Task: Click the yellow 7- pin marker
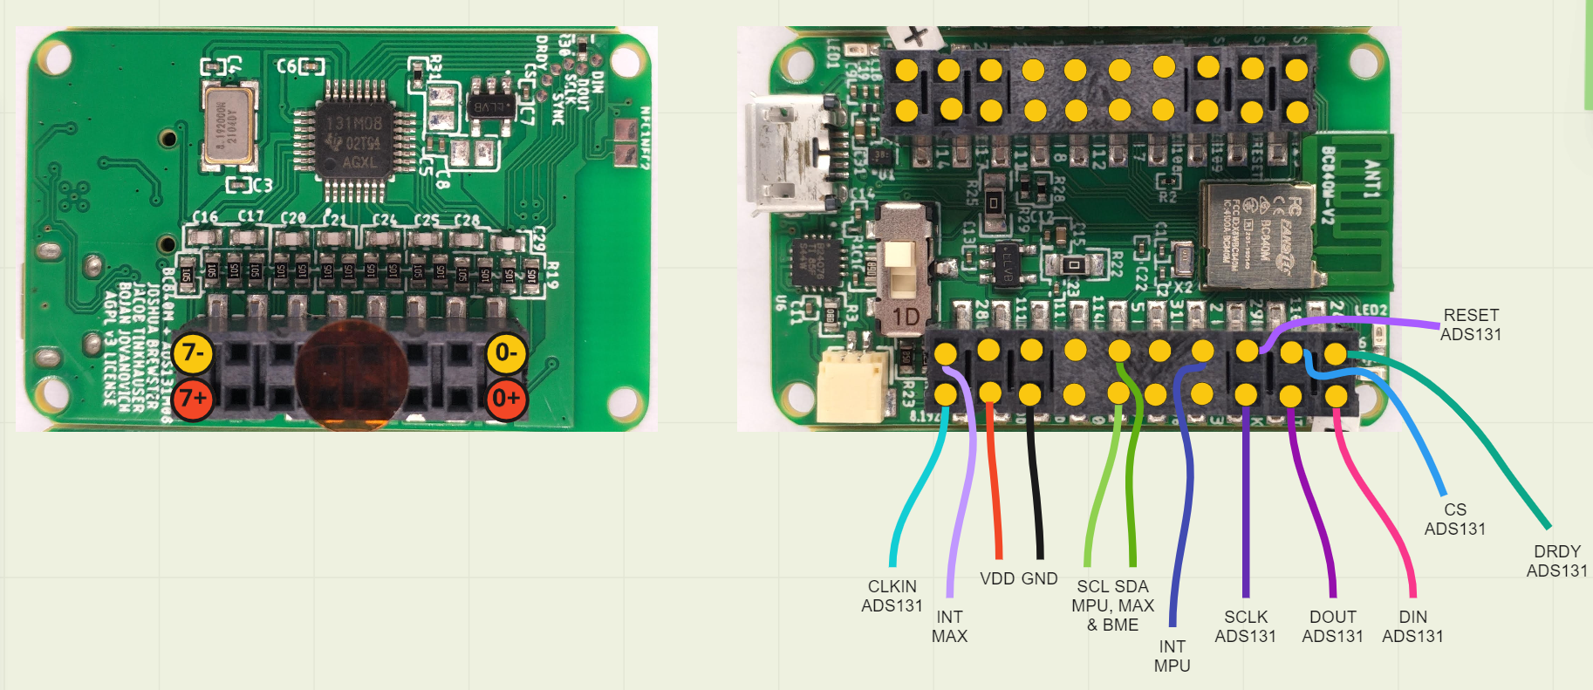(x=193, y=353)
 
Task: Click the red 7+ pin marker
(x=193, y=399)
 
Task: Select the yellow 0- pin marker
(x=506, y=353)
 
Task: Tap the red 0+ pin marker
(x=506, y=399)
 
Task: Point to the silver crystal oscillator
(x=229, y=126)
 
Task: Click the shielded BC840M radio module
(x=1257, y=233)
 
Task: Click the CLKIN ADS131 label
(x=892, y=596)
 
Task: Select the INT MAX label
(x=949, y=626)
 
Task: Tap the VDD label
(x=997, y=578)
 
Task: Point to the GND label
(x=1039, y=578)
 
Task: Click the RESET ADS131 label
(x=1471, y=325)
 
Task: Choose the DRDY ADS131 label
(x=1556, y=561)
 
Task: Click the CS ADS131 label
(x=1454, y=519)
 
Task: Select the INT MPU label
(x=1172, y=656)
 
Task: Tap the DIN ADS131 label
(x=1412, y=626)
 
